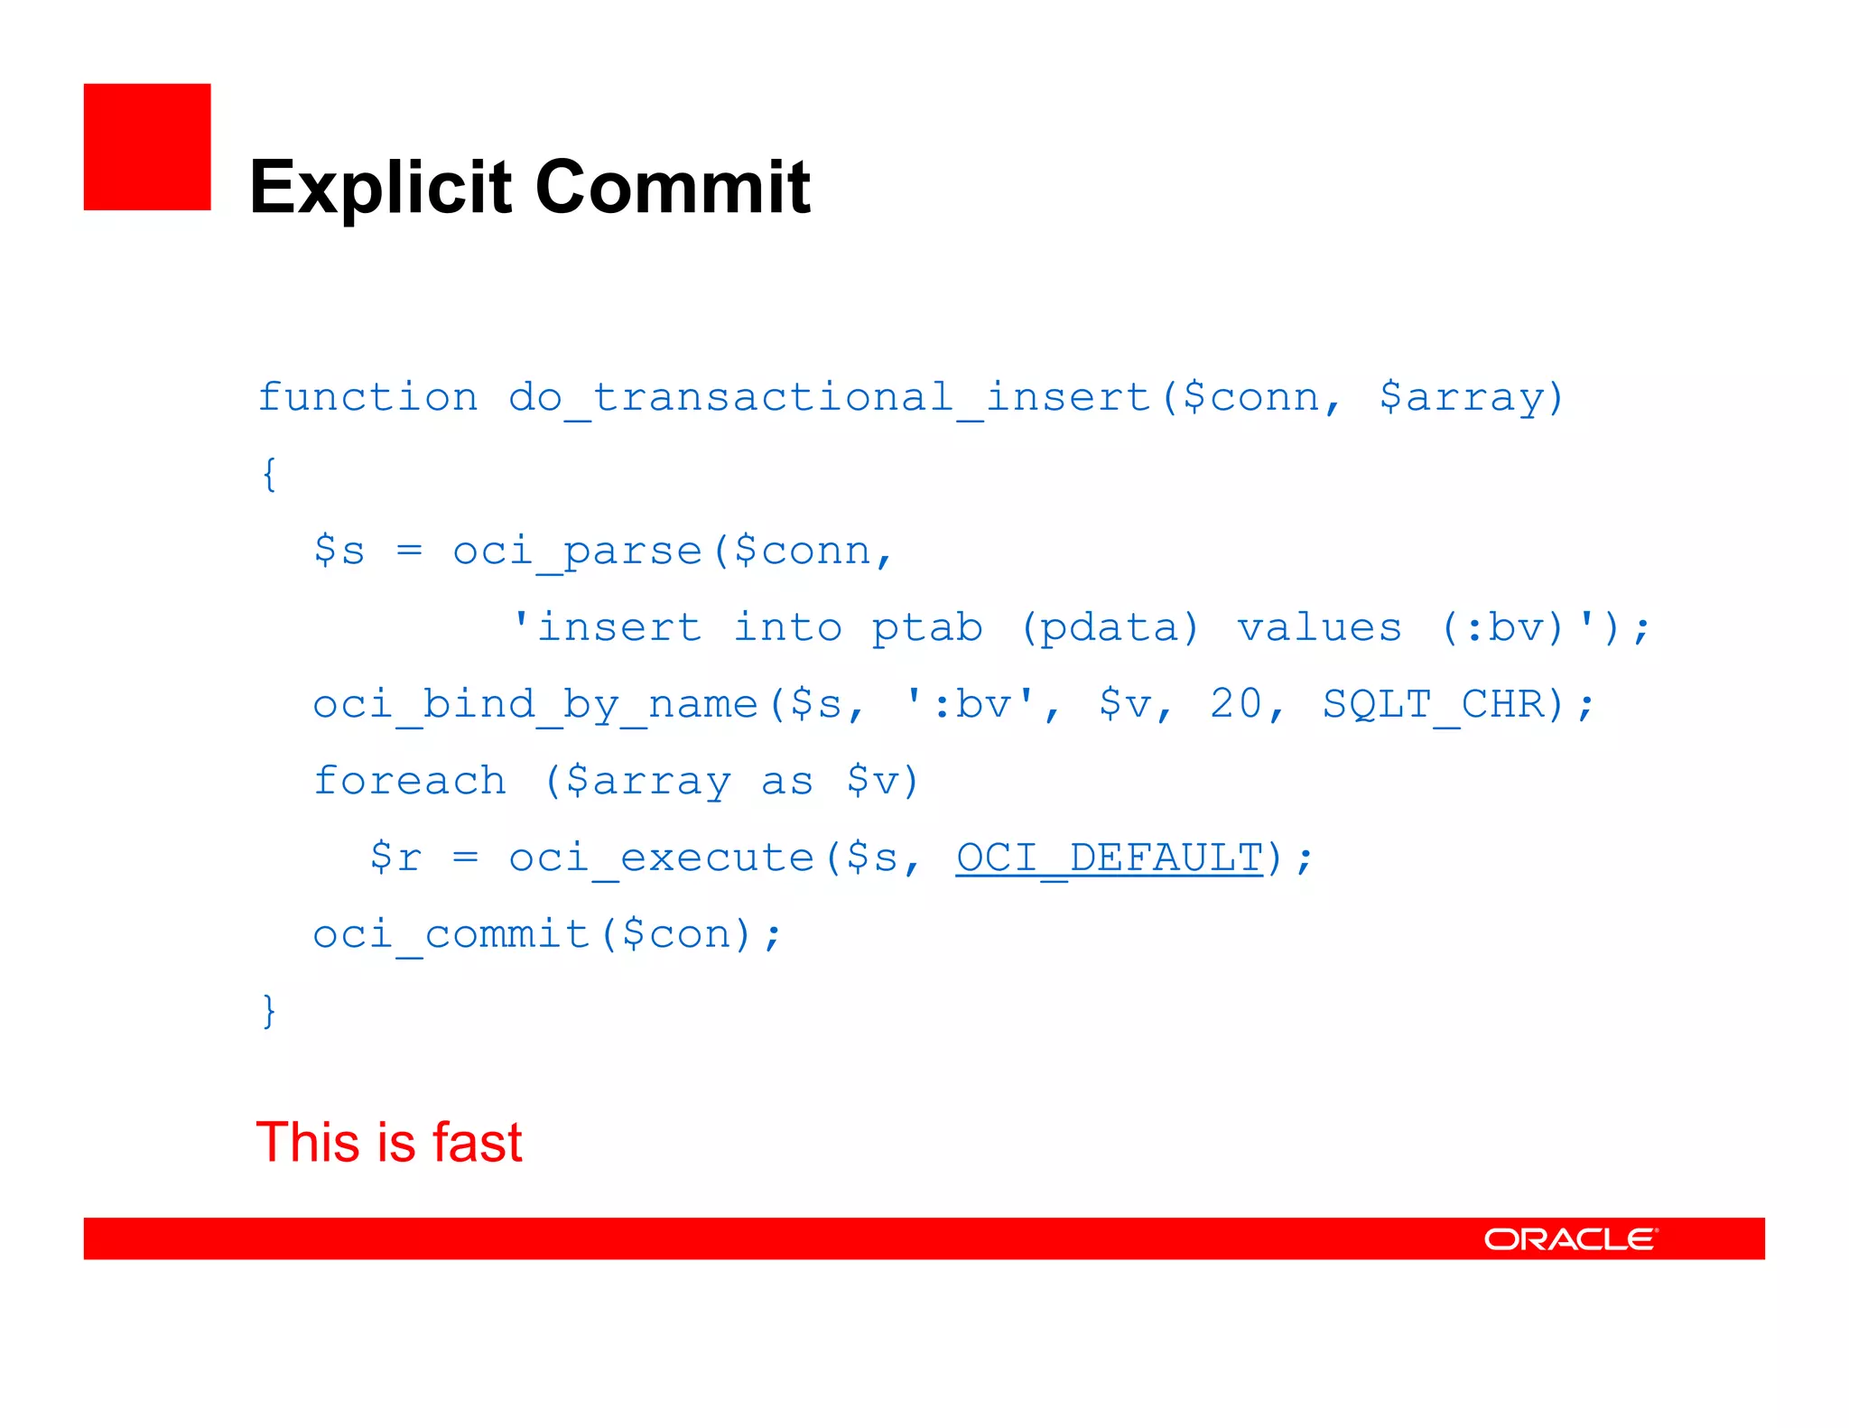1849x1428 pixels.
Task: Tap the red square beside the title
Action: pos(147,147)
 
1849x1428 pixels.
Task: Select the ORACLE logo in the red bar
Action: pos(1570,1238)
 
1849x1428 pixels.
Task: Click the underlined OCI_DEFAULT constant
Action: pos(1110,858)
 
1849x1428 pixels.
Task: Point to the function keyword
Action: pos(367,397)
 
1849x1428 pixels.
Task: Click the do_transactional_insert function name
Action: pos(829,397)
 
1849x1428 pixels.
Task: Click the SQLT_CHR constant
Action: pos(1434,704)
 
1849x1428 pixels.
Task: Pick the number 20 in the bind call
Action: pos(1235,704)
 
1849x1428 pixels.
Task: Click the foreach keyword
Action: pos(409,781)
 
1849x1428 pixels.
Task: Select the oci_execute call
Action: pos(662,858)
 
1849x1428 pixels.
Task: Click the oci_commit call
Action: pos(451,934)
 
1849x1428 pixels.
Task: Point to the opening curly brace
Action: pos(268,474)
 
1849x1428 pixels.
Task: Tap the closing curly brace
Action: pos(268,1011)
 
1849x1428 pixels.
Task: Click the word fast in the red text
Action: pos(477,1142)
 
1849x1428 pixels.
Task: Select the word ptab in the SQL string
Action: pos(926,628)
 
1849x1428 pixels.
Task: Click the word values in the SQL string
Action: pos(1319,628)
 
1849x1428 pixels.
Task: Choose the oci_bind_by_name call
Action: pos(535,704)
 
